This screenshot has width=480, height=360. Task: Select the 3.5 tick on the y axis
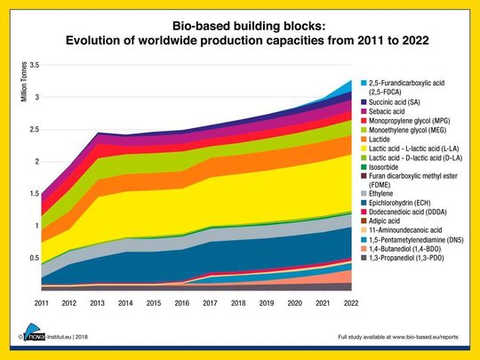click(x=34, y=66)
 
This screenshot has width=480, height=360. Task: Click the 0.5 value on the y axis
click(x=34, y=258)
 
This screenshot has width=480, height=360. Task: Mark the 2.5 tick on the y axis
click(x=34, y=130)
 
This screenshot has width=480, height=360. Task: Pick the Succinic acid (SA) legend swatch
click(x=365, y=102)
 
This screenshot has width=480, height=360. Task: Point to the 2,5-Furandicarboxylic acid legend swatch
click(x=365, y=84)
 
